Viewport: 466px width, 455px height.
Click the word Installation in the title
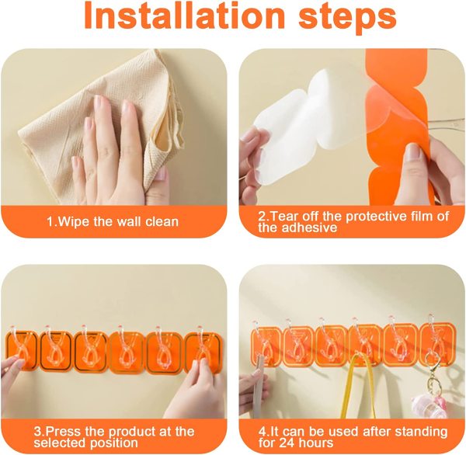185,16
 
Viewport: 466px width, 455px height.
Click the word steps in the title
347,18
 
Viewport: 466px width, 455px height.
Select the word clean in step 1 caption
162,222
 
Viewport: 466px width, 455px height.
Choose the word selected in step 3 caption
60,443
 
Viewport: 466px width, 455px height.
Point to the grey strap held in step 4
258,387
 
